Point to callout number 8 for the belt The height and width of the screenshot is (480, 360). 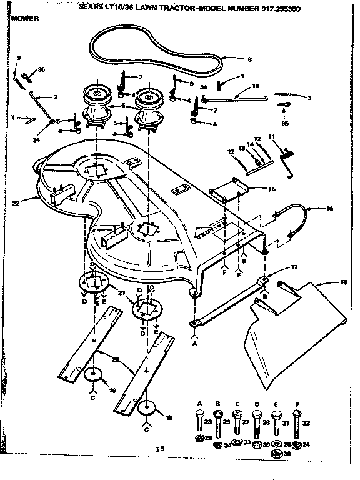click(249, 60)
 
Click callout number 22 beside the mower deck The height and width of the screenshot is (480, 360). click(15, 202)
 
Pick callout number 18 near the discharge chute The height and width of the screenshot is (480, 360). click(343, 283)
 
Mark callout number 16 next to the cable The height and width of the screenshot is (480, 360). click(329, 209)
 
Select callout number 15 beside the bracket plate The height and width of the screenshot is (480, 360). click(271, 188)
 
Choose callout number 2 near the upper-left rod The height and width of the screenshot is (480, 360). click(55, 97)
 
